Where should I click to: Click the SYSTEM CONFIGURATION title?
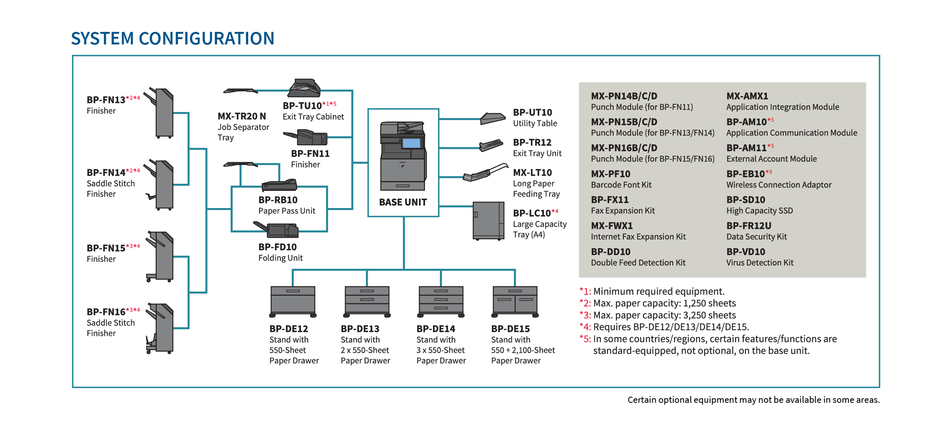[x=173, y=38]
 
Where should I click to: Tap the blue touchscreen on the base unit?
[x=411, y=143]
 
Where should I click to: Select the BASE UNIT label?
[x=403, y=202]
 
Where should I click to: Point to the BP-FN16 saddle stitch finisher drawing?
[x=160, y=328]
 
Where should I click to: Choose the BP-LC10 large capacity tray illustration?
[x=488, y=221]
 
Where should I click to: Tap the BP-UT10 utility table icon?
[x=493, y=118]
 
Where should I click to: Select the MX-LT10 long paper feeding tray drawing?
[x=485, y=173]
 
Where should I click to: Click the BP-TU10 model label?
[x=302, y=106]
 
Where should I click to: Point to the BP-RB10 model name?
[x=278, y=200]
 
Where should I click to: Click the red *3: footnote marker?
[x=585, y=315]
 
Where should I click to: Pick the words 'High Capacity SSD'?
[x=759, y=211]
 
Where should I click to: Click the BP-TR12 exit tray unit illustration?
[x=491, y=145]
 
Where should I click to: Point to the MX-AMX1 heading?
[x=747, y=96]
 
